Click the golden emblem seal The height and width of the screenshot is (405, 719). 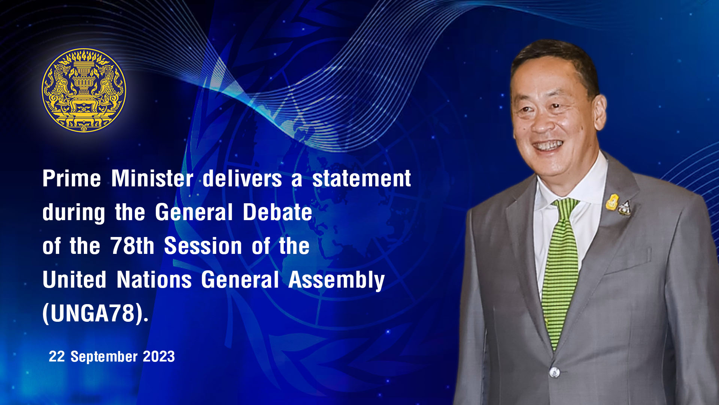coord(84,90)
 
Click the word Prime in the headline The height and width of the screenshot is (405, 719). coord(72,178)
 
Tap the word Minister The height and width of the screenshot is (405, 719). coord(152,178)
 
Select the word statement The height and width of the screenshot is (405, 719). coord(361,178)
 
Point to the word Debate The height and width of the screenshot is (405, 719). coord(277,212)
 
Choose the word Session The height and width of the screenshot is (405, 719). coord(203,246)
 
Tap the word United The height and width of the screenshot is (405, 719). coord(75,280)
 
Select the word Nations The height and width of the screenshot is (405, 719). coord(154,280)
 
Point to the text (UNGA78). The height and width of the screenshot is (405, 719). coord(95,313)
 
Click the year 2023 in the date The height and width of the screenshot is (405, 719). coord(159,356)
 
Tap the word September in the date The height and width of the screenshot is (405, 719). coord(104,357)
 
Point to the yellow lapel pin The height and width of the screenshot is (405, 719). coord(612,202)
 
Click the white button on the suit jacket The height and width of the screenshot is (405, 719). coord(555,372)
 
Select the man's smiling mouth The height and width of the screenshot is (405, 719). coord(547,145)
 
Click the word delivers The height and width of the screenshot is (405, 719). coord(242,178)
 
